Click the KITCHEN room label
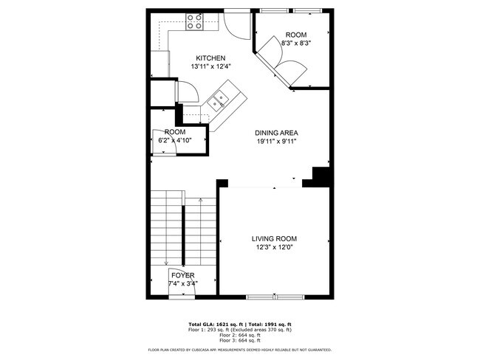[x=210, y=58]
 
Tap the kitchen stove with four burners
[x=195, y=21]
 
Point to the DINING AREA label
[x=277, y=133]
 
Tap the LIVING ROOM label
[x=274, y=238]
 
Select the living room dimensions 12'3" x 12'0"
[x=274, y=247]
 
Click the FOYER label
[x=183, y=275]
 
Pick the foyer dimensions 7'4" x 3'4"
[x=183, y=283]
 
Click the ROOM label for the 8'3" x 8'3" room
[x=295, y=35]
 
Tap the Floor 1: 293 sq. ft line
[x=239, y=330]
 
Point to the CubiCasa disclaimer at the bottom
[x=239, y=350]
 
